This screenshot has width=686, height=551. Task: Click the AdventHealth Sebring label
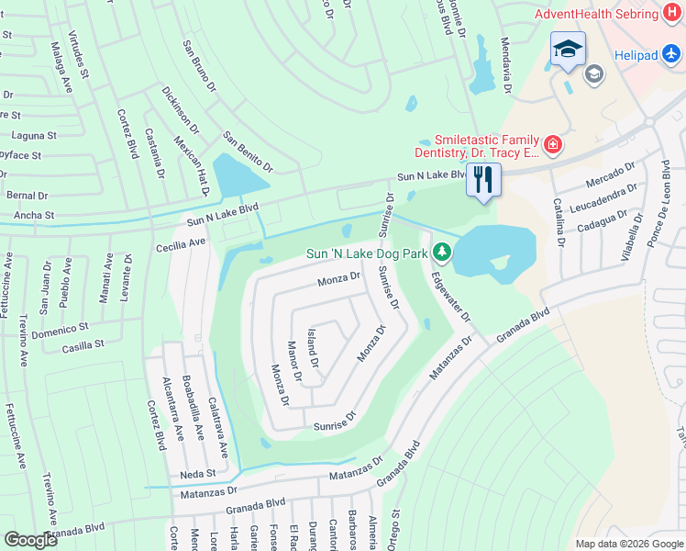pos(596,14)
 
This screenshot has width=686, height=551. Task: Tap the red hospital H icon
pos(674,14)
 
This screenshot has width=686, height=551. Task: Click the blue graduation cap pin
pos(568,50)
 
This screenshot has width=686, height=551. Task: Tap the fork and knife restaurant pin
pos(483,179)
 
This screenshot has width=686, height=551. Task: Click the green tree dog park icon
pos(443,252)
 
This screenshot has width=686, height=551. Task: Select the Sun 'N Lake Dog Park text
pos(368,253)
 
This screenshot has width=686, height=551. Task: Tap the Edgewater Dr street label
pos(450,295)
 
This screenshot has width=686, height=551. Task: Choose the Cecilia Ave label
pos(182,244)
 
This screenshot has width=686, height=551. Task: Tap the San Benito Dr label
pos(248,152)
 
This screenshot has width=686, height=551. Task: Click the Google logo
pos(30,540)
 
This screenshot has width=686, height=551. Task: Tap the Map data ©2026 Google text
pos(628,544)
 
